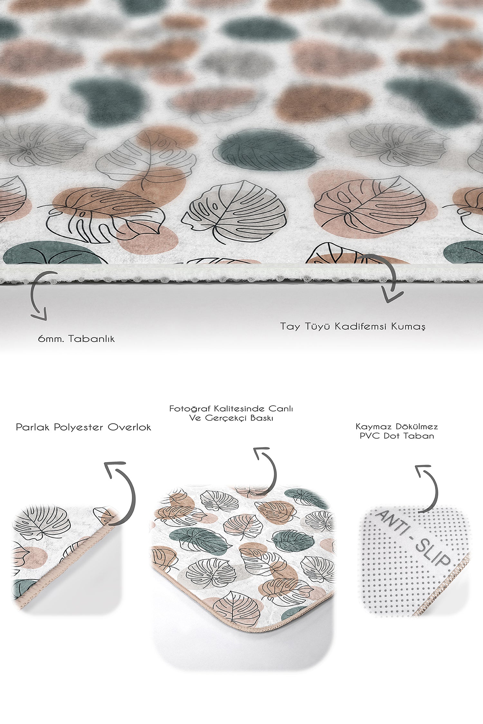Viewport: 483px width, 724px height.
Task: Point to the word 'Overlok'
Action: (x=129, y=427)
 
